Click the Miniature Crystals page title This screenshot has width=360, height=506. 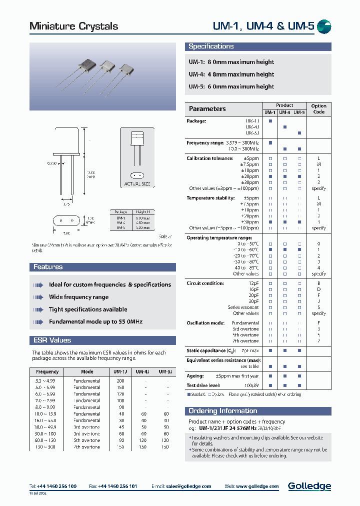pyautogui.click(x=74, y=26)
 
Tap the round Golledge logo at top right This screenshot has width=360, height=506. pyautogui.click(x=324, y=27)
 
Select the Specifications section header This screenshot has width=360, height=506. pyautogui.click(x=211, y=46)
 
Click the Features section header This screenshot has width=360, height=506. pyautogui.click(x=48, y=267)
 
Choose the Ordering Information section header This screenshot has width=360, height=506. pyautogui.click(x=222, y=411)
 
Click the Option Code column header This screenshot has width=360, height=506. pyautogui.click(x=318, y=109)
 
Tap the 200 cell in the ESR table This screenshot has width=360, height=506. pyautogui.click(x=120, y=381)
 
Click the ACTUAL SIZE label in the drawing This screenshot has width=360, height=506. pyautogui.click(x=137, y=184)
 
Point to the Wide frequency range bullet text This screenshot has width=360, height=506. pyautogui.click(x=78, y=297)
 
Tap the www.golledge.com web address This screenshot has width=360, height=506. pyautogui.click(x=259, y=486)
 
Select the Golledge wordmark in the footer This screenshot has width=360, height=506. pyautogui.click(x=309, y=486)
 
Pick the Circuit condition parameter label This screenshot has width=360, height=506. pyautogui.click(x=205, y=283)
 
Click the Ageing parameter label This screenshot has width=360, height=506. pyautogui.click(x=195, y=376)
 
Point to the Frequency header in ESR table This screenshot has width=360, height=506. pyautogui.click(x=47, y=372)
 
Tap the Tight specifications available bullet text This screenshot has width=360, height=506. pyautogui.click(x=88, y=309)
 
